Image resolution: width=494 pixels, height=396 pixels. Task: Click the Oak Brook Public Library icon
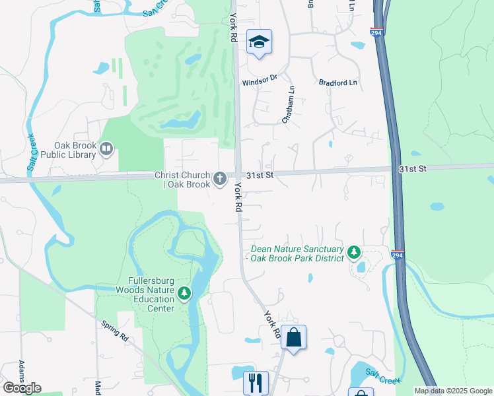point(106,149)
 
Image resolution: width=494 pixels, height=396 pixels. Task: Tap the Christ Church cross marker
point(219,178)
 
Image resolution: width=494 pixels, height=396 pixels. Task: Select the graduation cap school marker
point(260,42)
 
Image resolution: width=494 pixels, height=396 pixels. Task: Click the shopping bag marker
point(293,337)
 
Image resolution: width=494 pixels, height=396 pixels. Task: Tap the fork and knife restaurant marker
point(255,382)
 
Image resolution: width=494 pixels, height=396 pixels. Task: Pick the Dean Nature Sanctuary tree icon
point(354,253)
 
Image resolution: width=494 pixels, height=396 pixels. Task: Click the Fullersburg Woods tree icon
point(184,294)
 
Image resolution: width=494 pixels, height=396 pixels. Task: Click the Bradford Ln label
point(337,82)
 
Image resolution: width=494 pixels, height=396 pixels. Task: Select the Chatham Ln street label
point(288,105)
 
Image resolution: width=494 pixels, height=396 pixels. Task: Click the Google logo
point(22,388)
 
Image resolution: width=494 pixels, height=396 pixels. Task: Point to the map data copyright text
point(453,391)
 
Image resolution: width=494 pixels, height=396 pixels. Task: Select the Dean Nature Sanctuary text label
point(298,253)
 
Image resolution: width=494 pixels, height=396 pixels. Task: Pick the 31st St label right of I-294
point(413,169)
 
